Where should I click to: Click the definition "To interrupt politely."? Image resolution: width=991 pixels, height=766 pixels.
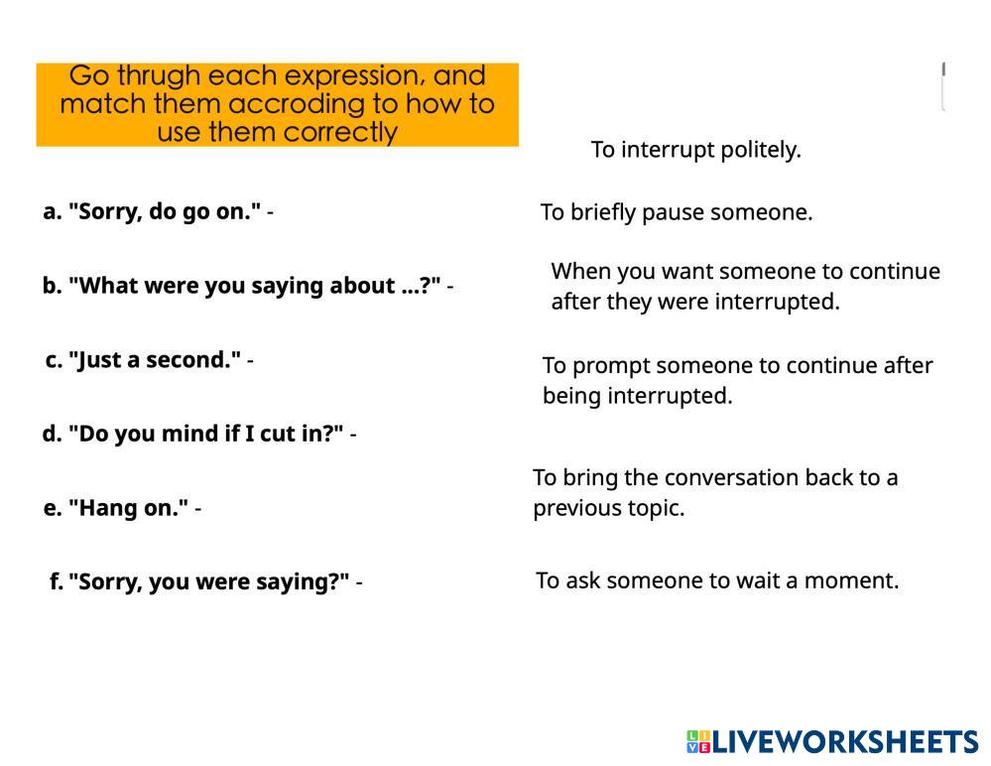[x=695, y=151]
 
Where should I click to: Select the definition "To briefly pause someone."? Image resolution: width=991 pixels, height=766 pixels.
[x=677, y=212]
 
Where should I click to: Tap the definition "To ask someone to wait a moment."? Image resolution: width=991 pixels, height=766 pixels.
[x=717, y=580]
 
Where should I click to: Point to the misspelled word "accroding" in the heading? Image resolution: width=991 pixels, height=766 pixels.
[x=297, y=103]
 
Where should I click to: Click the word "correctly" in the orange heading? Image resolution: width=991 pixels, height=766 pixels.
[x=340, y=132]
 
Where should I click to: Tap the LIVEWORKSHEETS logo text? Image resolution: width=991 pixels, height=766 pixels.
[x=845, y=741]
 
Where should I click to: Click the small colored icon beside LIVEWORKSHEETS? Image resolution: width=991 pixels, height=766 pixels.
[x=698, y=741]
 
